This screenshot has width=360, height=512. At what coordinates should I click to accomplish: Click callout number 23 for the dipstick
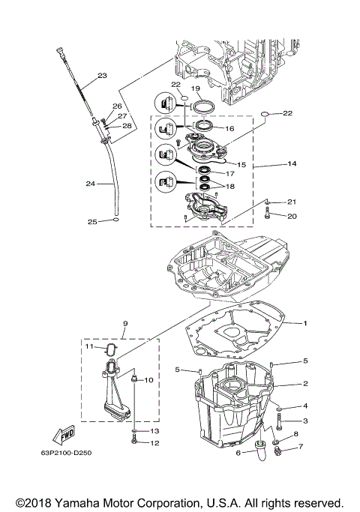coord(102,75)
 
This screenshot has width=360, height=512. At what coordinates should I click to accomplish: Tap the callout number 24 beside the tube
coord(90,184)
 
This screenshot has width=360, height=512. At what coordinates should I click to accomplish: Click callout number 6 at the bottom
coord(238,453)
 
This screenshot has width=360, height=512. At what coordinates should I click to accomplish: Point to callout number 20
coord(292,217)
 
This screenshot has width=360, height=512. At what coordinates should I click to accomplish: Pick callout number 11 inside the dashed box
coord(88,347)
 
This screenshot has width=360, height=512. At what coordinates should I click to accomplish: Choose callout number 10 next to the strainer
coord(148,380)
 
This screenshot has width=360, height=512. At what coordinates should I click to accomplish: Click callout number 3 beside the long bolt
coord(305,421)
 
